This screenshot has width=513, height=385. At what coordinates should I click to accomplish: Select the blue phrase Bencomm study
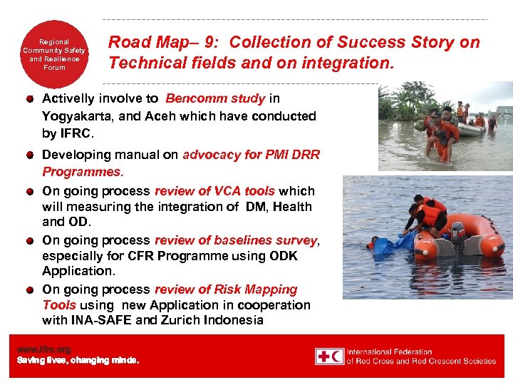(215, 98)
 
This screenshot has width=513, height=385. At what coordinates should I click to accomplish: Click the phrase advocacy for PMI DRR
(251, 155)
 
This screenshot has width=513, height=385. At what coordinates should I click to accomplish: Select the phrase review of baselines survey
(235, 240)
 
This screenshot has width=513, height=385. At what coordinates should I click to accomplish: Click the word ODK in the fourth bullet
(284, 256)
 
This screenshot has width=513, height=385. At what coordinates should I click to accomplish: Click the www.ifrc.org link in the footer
(43, 349)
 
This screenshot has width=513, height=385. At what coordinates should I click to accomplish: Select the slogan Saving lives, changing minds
(78, 360)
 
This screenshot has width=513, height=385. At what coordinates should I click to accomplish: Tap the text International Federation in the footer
(390, 351)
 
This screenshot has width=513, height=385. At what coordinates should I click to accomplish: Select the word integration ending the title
(346, 63)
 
